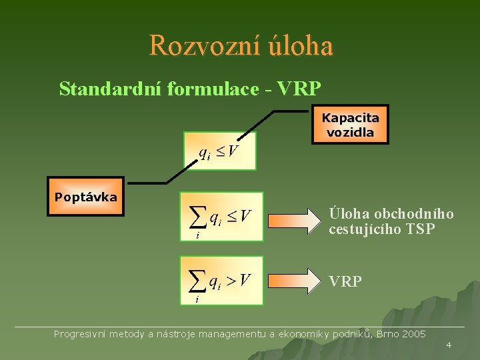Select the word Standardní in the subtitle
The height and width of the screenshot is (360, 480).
[x=99, y=88]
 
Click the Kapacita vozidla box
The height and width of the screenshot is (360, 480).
[x=350, y=125]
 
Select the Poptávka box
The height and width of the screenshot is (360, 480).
[x=85, y=197]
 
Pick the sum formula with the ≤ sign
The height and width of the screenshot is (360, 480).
[x=222, y=217]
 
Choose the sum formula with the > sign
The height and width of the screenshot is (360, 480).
[x=222, y=281]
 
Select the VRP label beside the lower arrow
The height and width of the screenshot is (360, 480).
[x=345, y=281]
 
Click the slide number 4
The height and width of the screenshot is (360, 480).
[x=449, y=345]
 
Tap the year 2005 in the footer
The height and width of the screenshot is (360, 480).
[x=413, y=333]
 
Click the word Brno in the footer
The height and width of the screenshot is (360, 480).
[x=387, y=333]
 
